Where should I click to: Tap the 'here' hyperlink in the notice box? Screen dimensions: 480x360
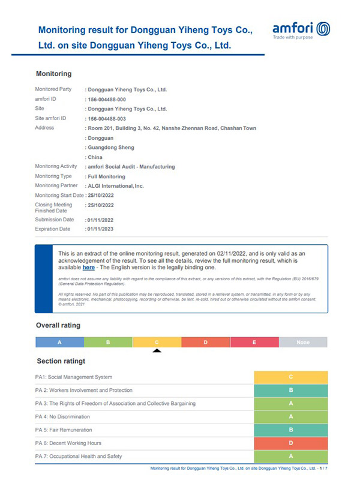88,268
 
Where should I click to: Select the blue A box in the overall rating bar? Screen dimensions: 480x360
59,342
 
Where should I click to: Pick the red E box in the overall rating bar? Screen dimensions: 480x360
254,342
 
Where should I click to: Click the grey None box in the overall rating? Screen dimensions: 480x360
303,342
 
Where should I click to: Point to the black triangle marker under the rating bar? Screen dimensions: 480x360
157,350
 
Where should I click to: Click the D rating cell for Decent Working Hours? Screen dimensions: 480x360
290,443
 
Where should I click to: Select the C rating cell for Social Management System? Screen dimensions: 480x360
290,377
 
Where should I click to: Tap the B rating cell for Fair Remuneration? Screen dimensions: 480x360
290,430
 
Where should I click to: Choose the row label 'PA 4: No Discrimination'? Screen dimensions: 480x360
62,416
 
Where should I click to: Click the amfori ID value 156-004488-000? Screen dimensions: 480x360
107,99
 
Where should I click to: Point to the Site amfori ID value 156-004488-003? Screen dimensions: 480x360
107,118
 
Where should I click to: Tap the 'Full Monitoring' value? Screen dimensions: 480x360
106,176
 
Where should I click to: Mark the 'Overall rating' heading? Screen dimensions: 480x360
58,325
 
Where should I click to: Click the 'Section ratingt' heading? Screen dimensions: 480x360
61,361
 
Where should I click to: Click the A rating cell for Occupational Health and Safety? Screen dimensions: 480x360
290,457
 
